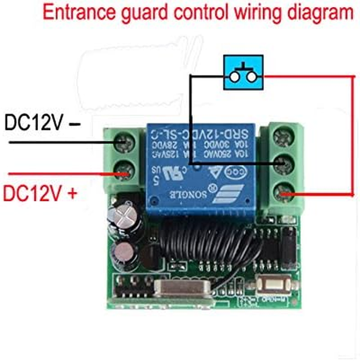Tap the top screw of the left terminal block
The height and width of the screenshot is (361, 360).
click(124, 143)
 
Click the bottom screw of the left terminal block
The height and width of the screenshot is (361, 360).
click(124, 170)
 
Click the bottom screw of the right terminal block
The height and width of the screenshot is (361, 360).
click(283, 194)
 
